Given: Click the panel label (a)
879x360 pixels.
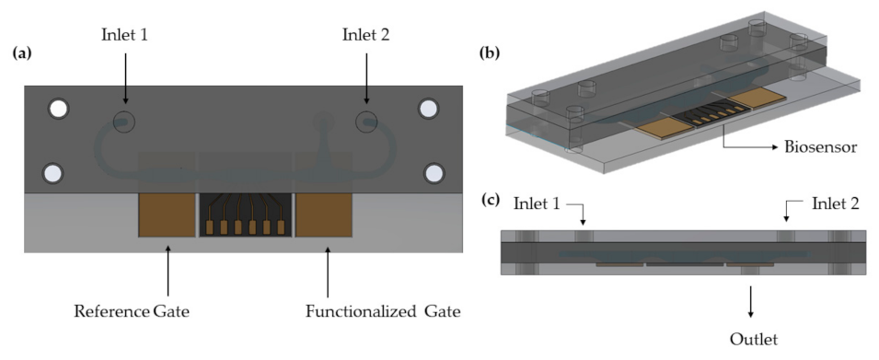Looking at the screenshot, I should point(22,53).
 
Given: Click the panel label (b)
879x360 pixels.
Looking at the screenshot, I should point(491,53).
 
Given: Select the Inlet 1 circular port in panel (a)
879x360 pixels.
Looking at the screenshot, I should point(124,121).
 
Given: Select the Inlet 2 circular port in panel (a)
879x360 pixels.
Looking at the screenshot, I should point(366,121).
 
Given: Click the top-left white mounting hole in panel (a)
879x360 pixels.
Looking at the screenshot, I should point(58,109).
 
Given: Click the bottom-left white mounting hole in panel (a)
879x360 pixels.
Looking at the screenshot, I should point(53,172).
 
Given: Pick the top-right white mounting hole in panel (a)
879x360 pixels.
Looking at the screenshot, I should point(428,109).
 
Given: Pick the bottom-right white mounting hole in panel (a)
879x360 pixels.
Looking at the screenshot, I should point(433,172).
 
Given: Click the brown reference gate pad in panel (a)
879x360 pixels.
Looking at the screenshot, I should point(166,214).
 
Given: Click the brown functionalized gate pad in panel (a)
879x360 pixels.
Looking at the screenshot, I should point(324,214).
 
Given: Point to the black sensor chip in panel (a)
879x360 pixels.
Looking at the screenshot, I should point(245,214).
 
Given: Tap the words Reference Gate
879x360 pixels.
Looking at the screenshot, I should point(132,311).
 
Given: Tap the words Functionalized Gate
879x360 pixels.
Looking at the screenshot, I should point(382,311).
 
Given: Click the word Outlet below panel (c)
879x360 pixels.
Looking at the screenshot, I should point(753,340).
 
